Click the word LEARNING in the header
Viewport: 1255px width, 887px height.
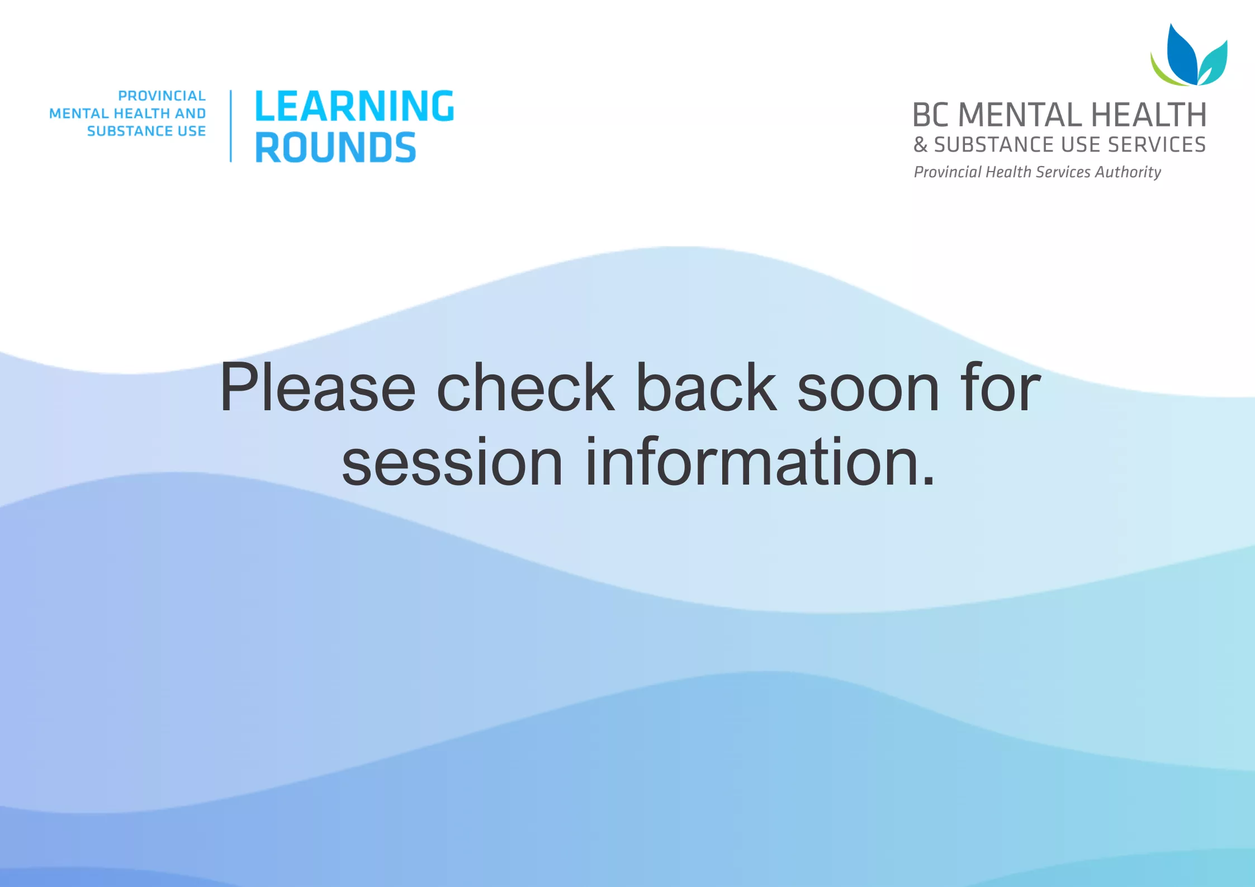354,106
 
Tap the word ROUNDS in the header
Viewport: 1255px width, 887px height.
335,148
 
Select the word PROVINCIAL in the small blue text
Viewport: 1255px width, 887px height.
162,96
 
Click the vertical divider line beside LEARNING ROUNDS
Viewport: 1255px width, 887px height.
231,126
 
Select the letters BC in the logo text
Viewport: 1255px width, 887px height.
931,115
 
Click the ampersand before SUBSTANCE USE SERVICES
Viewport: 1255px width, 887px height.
920,145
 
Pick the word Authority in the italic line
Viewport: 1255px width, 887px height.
1128,172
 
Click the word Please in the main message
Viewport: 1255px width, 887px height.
318,387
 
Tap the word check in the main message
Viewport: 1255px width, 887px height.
525,387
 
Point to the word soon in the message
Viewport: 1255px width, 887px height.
868,387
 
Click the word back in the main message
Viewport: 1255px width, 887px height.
706,387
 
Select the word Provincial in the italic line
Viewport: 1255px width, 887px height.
947,172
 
